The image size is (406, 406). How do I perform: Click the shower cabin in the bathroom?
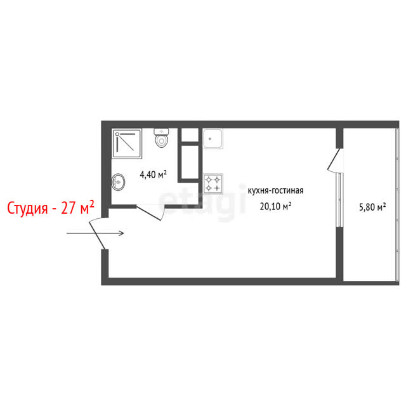[127, 143]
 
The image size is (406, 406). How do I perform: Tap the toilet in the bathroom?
[161, 138]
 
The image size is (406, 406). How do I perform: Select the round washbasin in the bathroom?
[119, 182]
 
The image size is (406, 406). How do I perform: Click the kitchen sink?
[213, 138]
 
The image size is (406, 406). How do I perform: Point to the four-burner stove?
[213, 183]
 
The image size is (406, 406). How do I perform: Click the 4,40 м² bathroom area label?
[153, 174]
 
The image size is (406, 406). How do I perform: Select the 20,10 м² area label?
[275, 206]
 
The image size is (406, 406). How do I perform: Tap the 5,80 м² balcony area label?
[372, 207]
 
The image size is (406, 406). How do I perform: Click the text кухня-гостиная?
[275, 191]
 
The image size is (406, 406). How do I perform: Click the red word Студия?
[27, 208]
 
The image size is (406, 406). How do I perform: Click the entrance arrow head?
[121, 233]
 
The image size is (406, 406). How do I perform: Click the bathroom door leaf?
[148, 213]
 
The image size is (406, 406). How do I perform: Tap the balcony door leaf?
[334, 159]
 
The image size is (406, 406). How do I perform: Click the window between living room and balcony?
[339, 200]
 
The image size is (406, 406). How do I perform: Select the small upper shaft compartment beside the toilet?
[190, 134]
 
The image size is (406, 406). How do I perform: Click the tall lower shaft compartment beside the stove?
[190, 162]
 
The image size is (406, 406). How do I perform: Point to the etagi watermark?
[202, 202]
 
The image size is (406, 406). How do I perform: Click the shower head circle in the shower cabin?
[117, 134]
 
